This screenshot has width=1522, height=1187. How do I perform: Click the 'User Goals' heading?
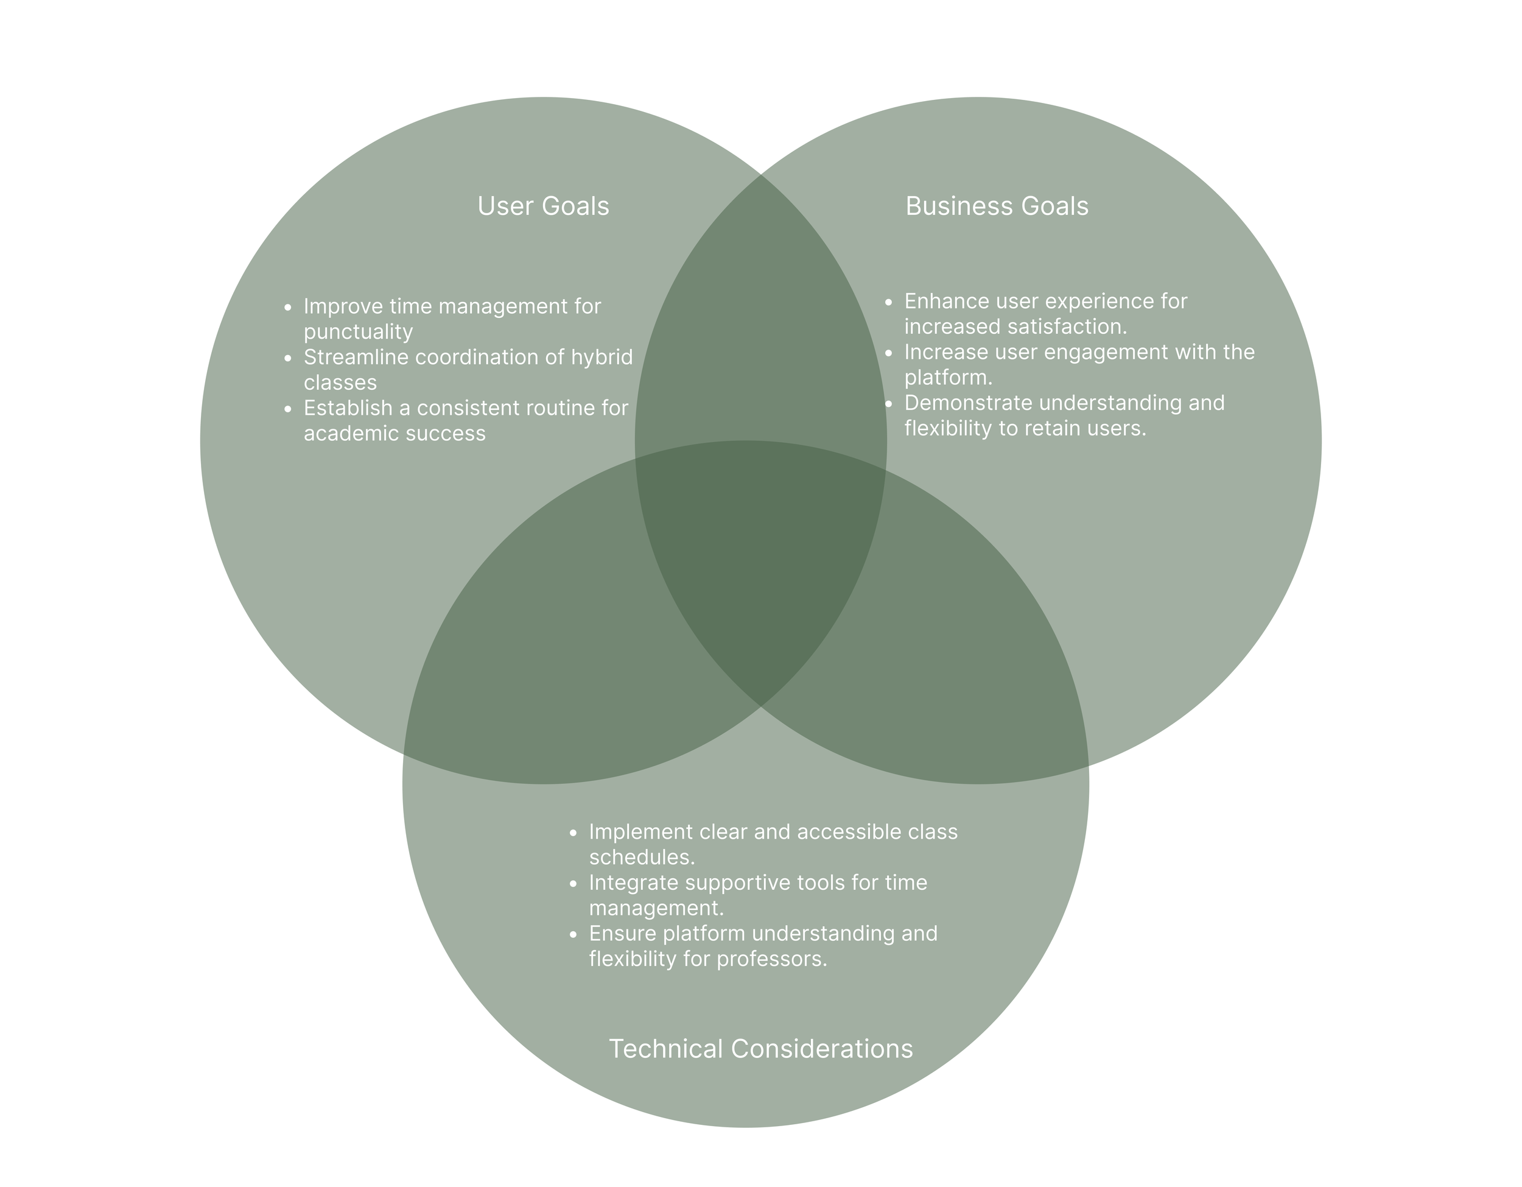pyautogui.click(x=543, y=206)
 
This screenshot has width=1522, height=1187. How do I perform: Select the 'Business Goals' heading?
pyautogui.click(x=997, y=206)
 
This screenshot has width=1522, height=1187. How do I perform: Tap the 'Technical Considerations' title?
pyautogui.click(x=760, y=1049)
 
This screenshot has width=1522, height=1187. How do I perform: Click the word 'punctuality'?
pyautogui.click(x=358, y=332)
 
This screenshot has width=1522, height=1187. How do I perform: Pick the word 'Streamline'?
pyautogui.click(x=356, y=358)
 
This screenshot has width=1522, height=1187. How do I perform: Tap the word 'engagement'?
pyautogui.click(x=1105, y=352)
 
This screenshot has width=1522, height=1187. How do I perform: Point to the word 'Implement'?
pyautogui.click(x=641, y=832)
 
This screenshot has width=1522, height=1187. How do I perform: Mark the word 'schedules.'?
pyautogui.click(x=642, y=857)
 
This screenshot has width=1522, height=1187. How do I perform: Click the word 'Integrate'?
pyautogui.click(x=634, y=883)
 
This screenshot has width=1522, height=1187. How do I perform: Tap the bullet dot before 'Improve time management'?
pyautogui.click(x=288, y=308)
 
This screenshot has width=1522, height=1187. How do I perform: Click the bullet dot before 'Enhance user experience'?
pyautogui.click(x=888, y=302)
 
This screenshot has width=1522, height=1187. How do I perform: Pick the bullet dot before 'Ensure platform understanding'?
pyautogui.click(x=573, y=934)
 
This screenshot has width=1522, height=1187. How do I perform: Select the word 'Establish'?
pyautogui.click(x=348, y=409)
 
